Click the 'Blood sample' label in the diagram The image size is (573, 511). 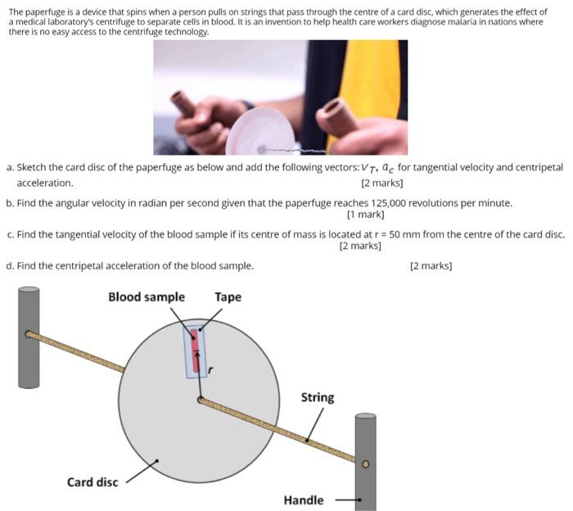147,296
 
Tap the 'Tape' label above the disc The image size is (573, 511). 228,296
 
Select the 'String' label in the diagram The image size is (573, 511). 317,397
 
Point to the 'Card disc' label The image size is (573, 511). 92,482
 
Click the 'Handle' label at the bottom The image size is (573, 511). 303,500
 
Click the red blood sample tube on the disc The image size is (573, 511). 195,348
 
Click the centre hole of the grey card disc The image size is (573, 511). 200,400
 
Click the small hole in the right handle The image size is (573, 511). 366,464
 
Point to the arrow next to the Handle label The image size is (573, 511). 344,500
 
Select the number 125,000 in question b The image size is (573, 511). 390,203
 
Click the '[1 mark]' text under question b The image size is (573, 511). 365,215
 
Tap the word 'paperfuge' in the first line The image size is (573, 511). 44,12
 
